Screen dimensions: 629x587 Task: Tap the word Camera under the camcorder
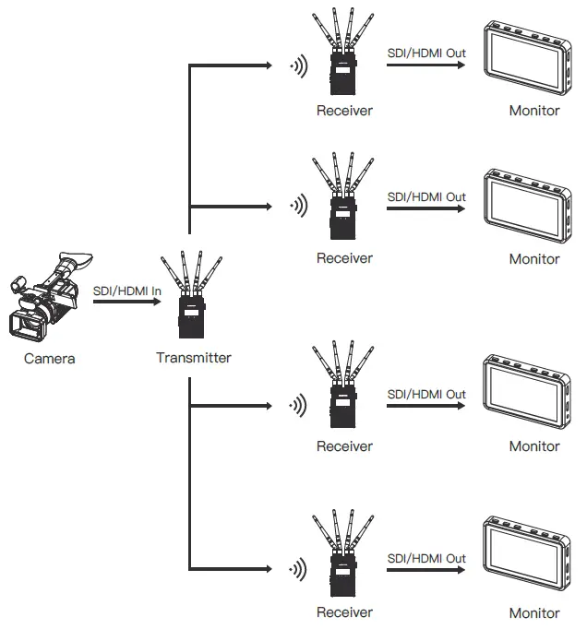pyautogui.click(x=49, y=359)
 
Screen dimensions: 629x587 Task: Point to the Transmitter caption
pyautogui.click(x=193, y=358)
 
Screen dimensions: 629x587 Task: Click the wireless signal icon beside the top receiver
pyautogui.click(x=297, y=65)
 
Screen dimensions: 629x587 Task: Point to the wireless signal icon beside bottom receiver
pyautogui.click(x=297, y=566)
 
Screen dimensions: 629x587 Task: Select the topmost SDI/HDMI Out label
pyautogui.click(x=425, y=53)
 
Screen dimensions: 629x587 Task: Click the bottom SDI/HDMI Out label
pyautogui.click(x=425, y=559)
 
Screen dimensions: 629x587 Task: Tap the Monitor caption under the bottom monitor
pyautogui.click(x=534, y=612)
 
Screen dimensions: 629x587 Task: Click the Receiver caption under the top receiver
pyautogui.click(x=344, y=111)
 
